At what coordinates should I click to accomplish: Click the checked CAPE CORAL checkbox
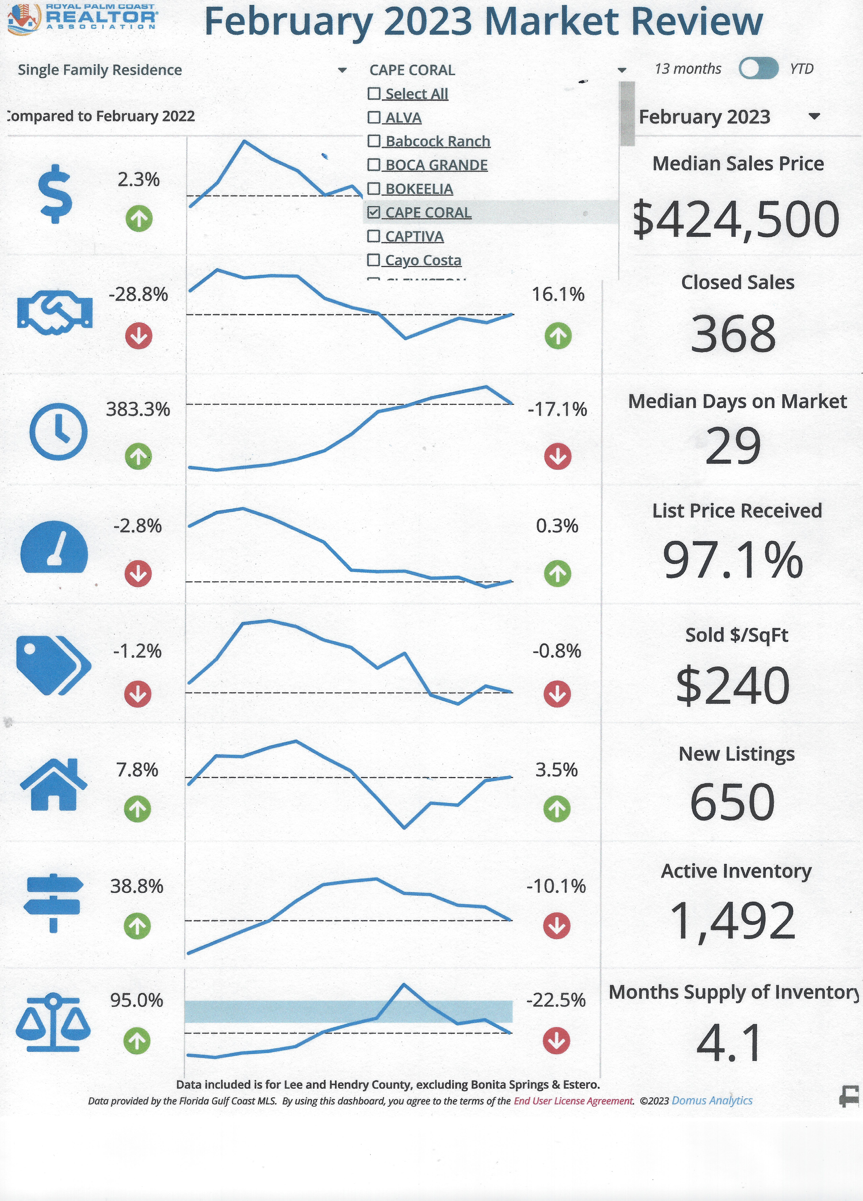374,212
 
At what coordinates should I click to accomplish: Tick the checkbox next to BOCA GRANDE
374,165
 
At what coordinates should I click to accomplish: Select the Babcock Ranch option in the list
437,141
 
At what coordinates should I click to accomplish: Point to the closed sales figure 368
733,334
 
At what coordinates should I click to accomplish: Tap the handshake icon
54,312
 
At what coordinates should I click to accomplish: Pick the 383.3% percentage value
138,409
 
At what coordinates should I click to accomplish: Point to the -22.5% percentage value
556,1000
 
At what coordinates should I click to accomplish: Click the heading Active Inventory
736,871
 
